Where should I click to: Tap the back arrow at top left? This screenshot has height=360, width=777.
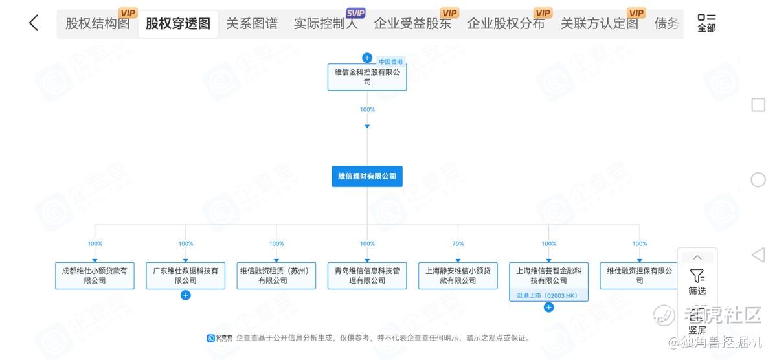34,23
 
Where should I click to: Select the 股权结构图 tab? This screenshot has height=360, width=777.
98,24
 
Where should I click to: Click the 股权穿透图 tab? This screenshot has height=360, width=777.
178,24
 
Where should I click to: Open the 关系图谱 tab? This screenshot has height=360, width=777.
252,24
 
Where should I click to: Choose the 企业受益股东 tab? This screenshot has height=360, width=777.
412,24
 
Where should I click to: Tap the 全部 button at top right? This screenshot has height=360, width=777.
706,23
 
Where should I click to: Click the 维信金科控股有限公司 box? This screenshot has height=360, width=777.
367,77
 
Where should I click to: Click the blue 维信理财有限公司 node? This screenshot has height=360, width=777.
367,176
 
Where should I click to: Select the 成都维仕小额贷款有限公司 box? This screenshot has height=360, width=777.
95,276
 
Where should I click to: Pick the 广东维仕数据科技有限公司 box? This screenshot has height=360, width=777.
186,276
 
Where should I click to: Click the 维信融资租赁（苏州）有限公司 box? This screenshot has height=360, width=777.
276,276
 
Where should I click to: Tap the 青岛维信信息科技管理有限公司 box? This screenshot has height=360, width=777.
367,276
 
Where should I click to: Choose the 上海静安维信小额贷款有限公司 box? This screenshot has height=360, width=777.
458,276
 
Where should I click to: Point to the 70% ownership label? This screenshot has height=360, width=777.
458,244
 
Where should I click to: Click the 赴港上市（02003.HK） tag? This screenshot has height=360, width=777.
548,295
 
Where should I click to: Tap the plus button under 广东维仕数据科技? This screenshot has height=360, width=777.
186,295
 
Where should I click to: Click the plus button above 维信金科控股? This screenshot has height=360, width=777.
367,58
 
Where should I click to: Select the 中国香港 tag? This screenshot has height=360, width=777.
391,62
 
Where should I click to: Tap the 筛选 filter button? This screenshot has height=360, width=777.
697,282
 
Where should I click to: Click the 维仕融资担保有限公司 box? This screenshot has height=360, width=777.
639,276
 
